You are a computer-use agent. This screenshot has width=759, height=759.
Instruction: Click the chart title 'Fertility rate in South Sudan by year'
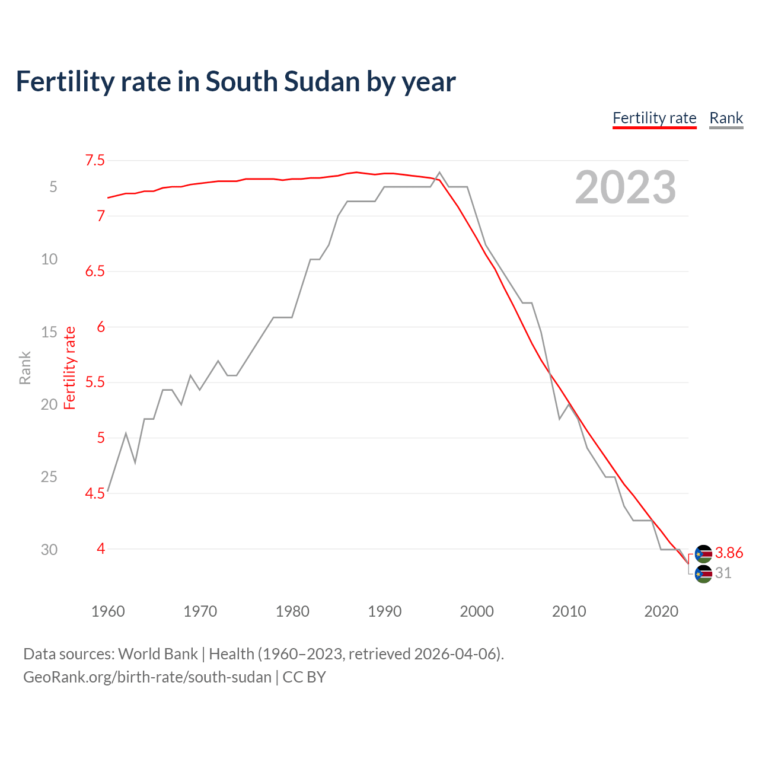tap(235, 81)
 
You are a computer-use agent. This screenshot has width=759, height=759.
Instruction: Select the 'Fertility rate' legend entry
tap(654, 118)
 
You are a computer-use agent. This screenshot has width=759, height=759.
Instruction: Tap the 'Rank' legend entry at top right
tap(726, 118)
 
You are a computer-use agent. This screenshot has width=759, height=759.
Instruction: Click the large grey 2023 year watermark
tap(625, 187)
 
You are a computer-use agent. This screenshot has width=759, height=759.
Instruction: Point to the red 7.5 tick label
tap(95, 160)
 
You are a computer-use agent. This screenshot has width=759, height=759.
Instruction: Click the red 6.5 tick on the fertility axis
tap(95, 272)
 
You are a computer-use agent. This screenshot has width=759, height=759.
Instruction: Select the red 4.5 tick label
tap(95, 493)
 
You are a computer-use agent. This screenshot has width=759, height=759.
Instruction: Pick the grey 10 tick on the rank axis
tap(49, 259)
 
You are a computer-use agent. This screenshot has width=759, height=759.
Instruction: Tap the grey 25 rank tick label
tap(49, 477)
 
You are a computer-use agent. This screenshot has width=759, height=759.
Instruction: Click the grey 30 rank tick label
tap(49, 550)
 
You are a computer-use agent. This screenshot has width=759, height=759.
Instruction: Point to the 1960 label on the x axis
tap(108, 611)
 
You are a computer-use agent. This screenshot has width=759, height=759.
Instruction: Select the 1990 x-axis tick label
tap(384, 611)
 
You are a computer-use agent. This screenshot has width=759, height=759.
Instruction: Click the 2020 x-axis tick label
tap(661, 611)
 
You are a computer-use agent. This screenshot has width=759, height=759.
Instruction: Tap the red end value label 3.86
tap(729, 553)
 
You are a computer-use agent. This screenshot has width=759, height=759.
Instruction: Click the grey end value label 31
tap(723, 573)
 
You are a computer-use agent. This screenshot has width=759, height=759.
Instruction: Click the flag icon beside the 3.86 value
tap(703, 554)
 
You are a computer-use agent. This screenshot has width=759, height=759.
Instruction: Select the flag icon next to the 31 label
tap(703, 574)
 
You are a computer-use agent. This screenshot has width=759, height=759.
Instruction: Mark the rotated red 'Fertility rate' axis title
tap(70, 368)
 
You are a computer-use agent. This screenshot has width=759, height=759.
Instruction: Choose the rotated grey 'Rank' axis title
tap(25, 368)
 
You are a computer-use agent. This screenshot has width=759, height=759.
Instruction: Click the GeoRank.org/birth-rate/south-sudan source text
tap(147, 677)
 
